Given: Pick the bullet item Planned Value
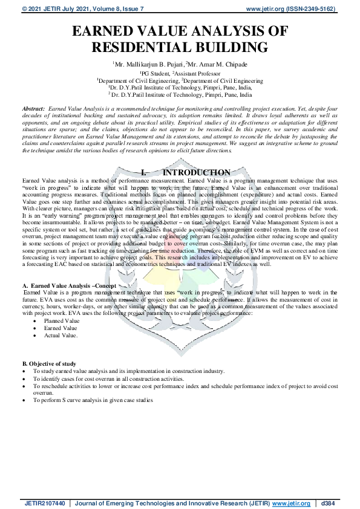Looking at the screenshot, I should point(61,321).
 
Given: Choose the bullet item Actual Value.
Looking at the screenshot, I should point(60,336).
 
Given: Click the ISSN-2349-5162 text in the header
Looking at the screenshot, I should point(318,9).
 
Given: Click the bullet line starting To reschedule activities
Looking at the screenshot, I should point(182,386).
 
